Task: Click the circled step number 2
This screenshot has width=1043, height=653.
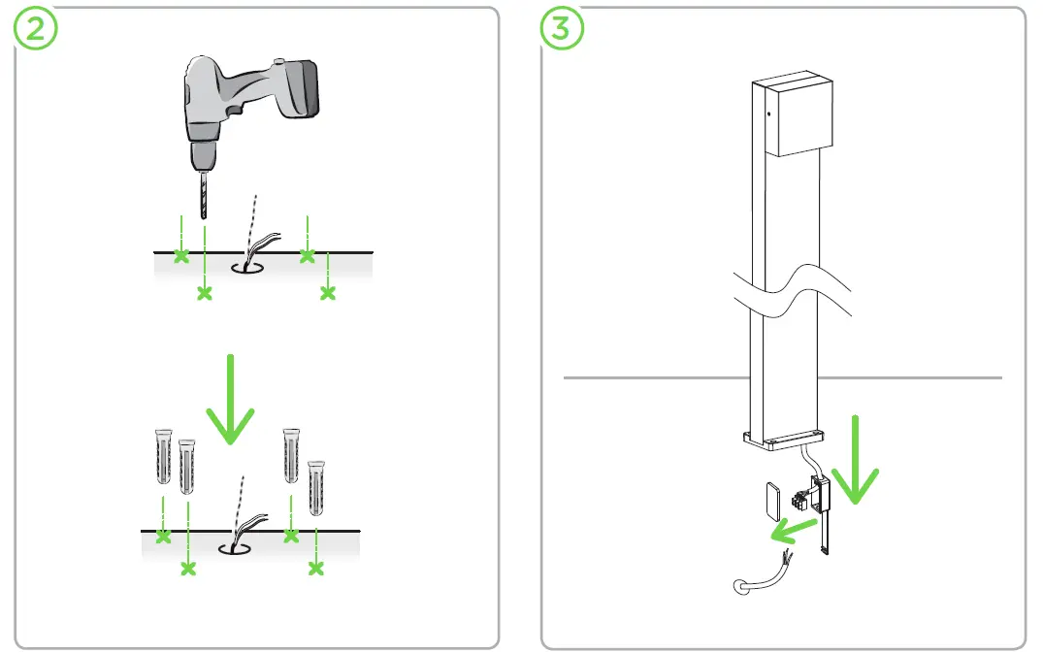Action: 35,28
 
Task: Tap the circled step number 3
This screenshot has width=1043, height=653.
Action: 562,28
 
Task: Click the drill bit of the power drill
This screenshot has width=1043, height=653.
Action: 204,194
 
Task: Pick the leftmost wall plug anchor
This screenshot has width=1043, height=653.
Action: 163,456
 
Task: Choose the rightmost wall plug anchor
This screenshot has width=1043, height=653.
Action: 316,487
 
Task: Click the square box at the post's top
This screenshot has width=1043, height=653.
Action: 799,114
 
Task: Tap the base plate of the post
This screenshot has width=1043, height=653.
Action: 784,441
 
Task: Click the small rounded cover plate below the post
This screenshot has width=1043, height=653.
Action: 773,501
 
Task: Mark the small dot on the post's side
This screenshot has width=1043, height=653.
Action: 769,114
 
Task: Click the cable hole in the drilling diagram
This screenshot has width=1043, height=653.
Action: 246,268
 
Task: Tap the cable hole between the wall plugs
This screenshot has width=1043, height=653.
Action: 234,548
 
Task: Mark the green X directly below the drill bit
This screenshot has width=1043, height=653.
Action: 204,293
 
